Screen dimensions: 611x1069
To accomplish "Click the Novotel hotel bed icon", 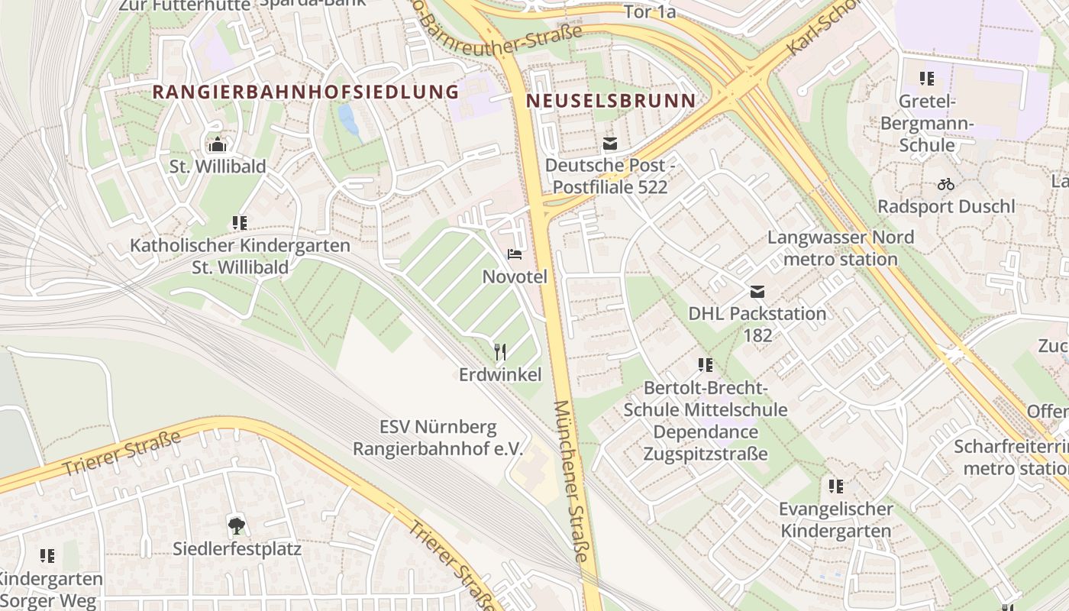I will [x=515, y=254].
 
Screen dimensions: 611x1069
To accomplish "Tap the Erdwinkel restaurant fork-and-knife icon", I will [x=500, y=351].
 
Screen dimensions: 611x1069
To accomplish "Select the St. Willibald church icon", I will [x=218, y=144].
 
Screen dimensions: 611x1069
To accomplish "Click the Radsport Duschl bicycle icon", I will [x=946, y=184].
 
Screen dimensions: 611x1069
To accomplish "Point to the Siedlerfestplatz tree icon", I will [x=237, y=525].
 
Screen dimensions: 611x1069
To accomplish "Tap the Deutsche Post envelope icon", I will [x=609, y=143].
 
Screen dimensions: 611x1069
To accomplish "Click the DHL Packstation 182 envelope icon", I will [x=757, y=291].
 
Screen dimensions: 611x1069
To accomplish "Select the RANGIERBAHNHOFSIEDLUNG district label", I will [x=305, y=92].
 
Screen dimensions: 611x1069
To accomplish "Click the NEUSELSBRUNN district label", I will [x=611, y=101].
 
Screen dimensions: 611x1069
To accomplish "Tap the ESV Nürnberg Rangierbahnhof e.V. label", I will [x=438, y=438].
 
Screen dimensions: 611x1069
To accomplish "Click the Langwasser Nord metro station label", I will [x=840, y=248].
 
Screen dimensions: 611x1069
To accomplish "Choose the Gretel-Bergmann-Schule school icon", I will [x=927, y=78].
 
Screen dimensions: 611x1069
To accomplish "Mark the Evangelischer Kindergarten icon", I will [x=836, y=486].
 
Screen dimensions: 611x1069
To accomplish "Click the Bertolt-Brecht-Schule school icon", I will [x=705, y=365].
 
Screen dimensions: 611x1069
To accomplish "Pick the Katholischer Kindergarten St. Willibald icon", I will [x=240, y=223].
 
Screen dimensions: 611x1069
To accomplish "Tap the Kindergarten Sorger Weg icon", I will [x=47, y=556].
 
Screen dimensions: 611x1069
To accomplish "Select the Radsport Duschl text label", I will [x=946, y=206].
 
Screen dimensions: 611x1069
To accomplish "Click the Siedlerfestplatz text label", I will [x=237, y=548].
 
